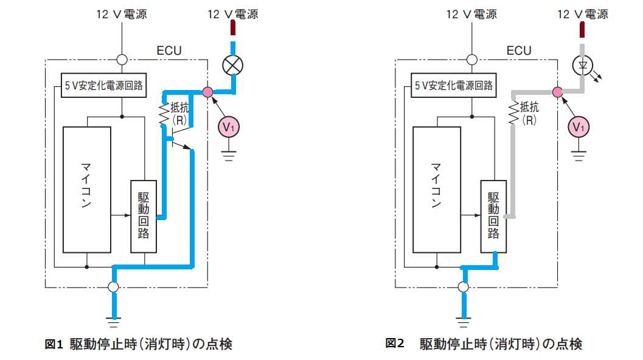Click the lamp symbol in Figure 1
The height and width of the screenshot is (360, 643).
tap(232, 66)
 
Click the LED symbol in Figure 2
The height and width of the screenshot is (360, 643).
tap(583, 66)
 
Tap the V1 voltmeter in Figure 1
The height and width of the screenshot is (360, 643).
tap(229, 127)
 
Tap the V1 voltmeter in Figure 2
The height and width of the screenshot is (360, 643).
tap(579, 127)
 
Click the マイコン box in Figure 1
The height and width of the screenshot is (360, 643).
tap(87, 190)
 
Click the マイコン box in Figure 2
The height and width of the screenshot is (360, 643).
tap(437, 190)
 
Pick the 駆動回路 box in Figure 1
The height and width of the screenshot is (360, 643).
tap(144, 216)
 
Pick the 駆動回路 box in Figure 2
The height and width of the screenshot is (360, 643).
tap(493, 216)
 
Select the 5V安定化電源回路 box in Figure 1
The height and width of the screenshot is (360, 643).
tap(104, 85)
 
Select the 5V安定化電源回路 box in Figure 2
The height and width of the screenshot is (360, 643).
tap(454, 85)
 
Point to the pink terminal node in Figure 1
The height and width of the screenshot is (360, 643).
tap(208, 92)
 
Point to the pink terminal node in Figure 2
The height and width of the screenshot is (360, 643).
tap(558, 92)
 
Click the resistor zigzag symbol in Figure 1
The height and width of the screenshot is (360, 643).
tap(164, 113)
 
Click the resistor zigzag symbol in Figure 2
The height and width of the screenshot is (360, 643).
tap(513, 113)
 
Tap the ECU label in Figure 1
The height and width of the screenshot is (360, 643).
tap(169, 51)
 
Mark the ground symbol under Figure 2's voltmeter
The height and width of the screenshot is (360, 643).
tap(579, 156)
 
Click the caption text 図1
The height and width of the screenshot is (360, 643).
tap(54, 344)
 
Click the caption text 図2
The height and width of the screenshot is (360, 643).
tap(394, 343)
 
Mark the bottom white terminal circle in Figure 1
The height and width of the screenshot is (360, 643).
tap(114, 287)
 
